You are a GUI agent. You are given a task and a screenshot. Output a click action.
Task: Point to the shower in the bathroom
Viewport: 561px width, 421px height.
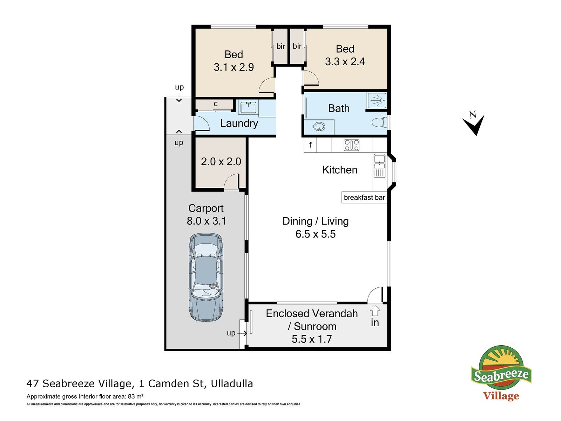pos(377,101)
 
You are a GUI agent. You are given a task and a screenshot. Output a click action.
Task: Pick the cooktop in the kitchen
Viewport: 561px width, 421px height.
pos(351,145)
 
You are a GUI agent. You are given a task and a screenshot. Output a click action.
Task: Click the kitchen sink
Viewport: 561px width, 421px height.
pos(379,166)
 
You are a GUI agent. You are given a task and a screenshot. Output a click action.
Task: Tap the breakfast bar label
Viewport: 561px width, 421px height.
pos(364,197)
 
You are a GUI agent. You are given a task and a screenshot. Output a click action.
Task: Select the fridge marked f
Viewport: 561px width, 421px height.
pos(310,145)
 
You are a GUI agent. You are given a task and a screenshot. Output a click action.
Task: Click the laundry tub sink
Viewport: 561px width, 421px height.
pos(248,107)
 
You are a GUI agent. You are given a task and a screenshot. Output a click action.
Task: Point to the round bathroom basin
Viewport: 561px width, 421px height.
pos(319,126)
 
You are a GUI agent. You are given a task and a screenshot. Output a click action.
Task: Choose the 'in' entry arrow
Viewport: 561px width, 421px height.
pos(375,311)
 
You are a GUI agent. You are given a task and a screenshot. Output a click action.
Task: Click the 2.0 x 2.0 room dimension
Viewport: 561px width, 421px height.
pos(221,161)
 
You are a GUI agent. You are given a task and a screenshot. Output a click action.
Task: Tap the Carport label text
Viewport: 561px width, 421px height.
pos(206,209)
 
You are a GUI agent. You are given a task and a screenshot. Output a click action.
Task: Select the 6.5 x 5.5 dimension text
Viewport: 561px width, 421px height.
pos(315,234)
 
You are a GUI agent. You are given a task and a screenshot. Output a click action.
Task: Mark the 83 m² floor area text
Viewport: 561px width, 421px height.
pos(135,396)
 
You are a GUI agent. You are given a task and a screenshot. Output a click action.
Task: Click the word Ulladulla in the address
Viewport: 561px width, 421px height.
pos(232,384)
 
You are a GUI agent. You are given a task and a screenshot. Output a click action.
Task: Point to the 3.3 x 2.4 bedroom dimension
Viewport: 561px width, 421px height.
pos(345,62)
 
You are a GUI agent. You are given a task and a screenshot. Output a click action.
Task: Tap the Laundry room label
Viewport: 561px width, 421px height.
pos(239,123)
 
